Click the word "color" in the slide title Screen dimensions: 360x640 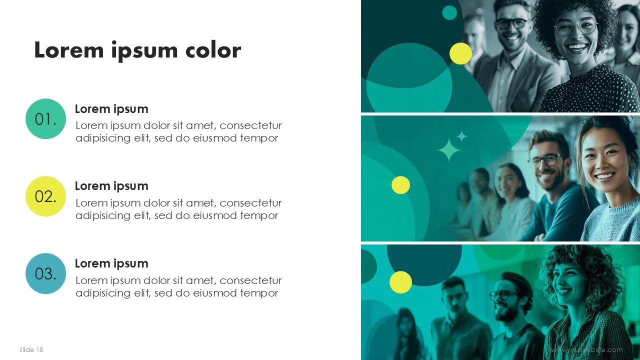click(213, 51)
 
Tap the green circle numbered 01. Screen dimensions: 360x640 click(45, 119)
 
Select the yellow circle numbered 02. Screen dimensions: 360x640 click(45, 196)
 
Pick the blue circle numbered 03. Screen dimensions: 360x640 click(45, 273)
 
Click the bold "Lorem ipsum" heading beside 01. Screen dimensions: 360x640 click(111, 109)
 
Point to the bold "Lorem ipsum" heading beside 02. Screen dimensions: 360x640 click(111, 186)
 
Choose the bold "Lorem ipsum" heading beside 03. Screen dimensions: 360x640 click(111, 263)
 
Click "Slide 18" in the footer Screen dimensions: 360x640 click(31, 349)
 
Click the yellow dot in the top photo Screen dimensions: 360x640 click(460, 53)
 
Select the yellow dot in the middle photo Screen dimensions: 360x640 click(400, 185)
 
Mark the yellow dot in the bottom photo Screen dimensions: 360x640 click(400, 282)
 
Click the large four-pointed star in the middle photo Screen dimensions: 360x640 click(448, 150)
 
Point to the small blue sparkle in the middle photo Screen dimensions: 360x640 click(462, 136)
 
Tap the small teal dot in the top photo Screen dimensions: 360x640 click(449, 13)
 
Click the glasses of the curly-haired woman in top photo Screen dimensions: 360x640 click(575, 27)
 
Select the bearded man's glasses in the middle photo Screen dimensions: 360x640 click(544, 160)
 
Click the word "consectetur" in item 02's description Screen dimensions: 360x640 click(250, 203)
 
